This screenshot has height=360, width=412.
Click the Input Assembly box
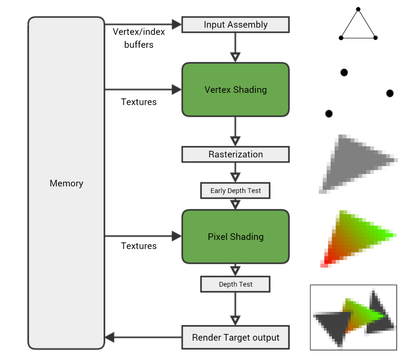[x=236, y=25]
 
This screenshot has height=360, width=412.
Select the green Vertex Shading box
[x=236, y=90]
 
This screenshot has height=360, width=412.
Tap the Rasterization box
[x=236, y=155]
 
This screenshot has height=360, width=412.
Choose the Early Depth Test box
[x=236, y=191]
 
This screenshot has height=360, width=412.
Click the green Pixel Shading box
[x=236, y=237]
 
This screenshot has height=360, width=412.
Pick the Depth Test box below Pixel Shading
[x=236, y=284]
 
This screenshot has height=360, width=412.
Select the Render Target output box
[x=236, y=338]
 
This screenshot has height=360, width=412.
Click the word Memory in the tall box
[x=66, y=183]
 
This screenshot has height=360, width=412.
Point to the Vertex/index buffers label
[x=139, y=38]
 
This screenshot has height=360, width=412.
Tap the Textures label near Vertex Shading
[x=139, y=102]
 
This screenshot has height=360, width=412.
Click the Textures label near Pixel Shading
[x=139, y=246]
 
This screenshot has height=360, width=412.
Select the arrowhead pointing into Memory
[x=110, y=337]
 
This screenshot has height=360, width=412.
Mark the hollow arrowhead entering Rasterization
[x=235, y=141]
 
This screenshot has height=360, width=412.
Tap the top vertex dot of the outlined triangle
[x=358, y=9]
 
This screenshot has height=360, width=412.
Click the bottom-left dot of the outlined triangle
[x=341, y=38]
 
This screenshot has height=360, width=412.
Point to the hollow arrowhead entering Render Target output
[x=235, y=320]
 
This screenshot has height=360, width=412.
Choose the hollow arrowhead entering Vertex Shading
[x=235, y=57]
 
